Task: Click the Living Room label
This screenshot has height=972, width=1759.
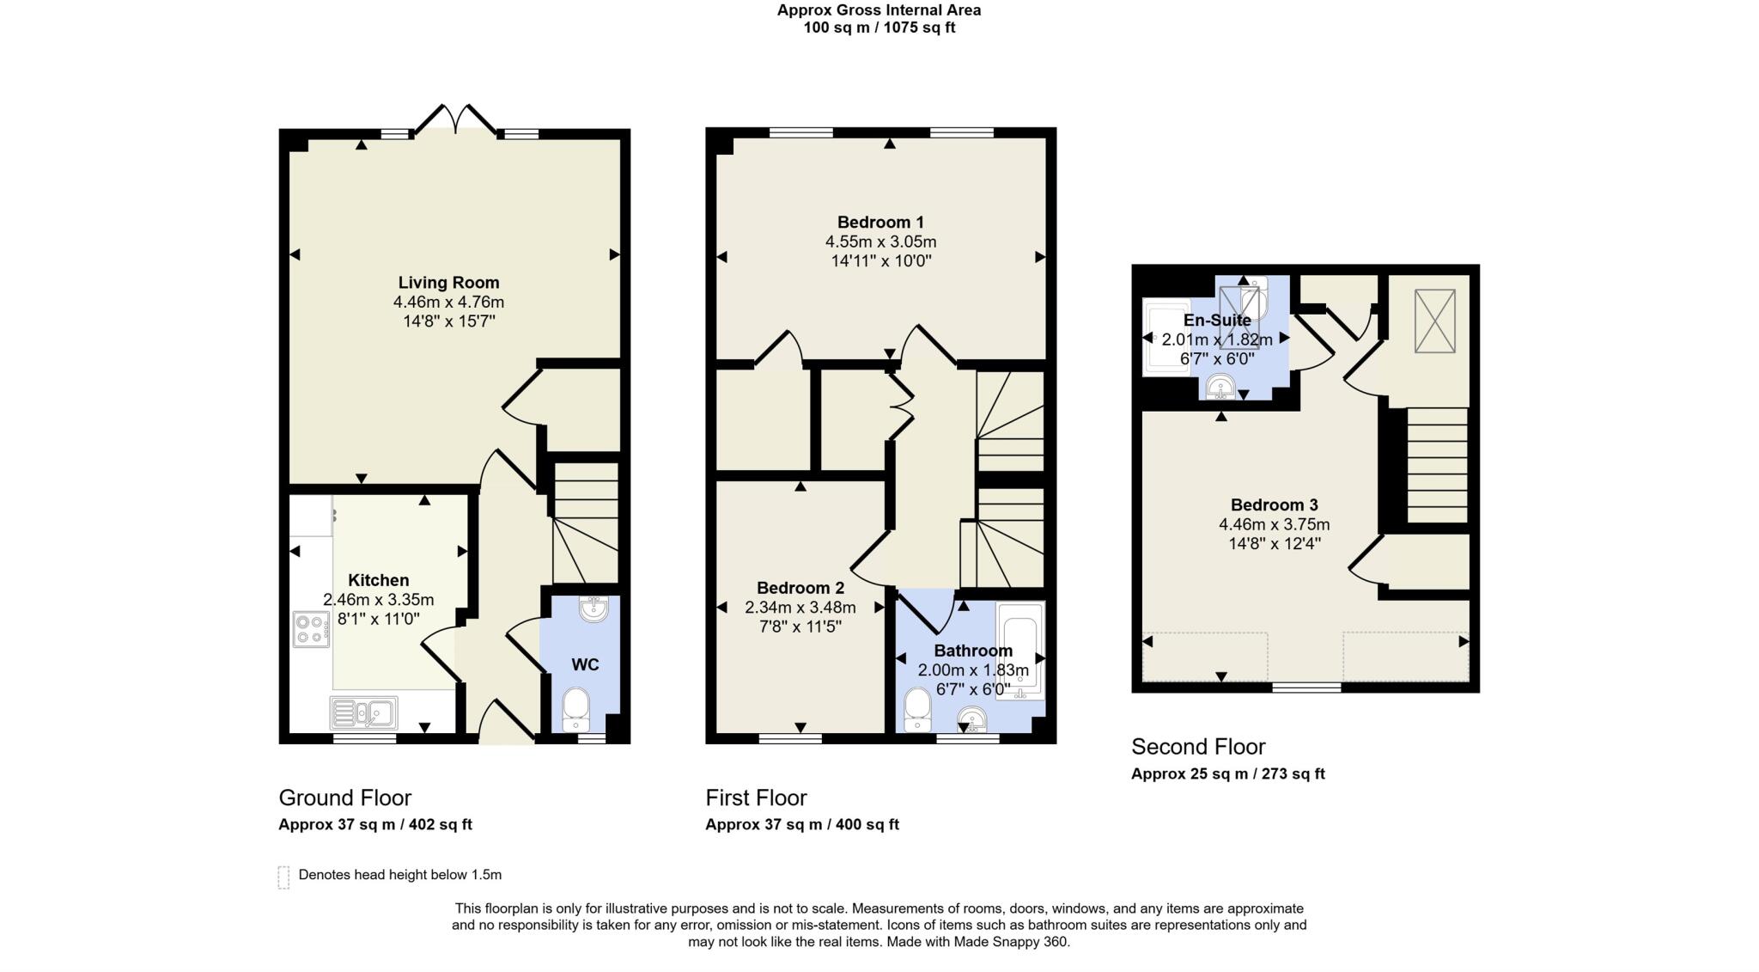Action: click(448, 283)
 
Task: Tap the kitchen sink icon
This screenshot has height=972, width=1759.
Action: click(363, 712)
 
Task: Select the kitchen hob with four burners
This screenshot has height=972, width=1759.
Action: click(311, 628)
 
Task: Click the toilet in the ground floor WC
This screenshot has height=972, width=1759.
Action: click(575, 709)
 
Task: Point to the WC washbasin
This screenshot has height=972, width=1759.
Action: click(593, 608)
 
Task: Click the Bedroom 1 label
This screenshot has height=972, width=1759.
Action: click(880, 223)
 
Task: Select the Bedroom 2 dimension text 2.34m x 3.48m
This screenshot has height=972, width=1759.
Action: click(800, 608)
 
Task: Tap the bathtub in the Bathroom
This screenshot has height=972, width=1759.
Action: click(1020, 650)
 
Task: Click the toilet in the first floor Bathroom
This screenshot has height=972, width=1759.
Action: click(917, 710)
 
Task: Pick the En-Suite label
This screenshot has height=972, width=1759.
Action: click(1217, 321)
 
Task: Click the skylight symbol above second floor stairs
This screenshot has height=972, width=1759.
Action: click(1434, 321)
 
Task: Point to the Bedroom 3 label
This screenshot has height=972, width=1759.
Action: click(1274, 505)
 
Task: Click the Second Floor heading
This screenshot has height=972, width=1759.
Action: click(1198, 746)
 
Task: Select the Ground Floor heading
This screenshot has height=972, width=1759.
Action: click(345, 798)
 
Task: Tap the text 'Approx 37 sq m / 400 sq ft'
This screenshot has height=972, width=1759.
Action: click(802, 824)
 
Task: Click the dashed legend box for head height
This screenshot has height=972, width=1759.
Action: click(283, 877)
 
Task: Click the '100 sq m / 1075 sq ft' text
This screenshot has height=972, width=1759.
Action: click(879, 28)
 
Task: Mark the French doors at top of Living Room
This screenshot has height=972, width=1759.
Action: click(455, 120)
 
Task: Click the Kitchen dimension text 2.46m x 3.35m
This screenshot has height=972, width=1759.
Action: click(378, 600)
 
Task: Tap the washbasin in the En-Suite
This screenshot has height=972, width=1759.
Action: click(1220, 388)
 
